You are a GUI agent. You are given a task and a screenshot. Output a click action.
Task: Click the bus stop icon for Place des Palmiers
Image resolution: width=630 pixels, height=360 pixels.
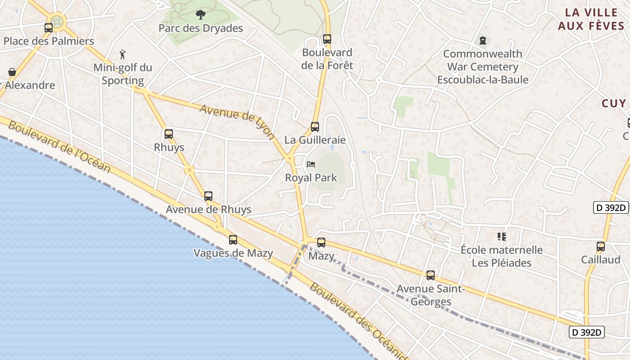click(49, 28)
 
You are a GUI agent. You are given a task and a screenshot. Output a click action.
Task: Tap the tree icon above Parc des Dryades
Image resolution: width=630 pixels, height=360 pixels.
click(200, 15)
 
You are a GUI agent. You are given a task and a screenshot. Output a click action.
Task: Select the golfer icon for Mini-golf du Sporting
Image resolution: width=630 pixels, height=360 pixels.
click(122, 55)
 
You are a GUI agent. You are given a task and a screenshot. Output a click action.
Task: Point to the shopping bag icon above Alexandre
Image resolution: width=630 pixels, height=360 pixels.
click(12, 72)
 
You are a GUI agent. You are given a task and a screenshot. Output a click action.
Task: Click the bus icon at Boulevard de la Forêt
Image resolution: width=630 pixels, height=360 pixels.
click(327, 39)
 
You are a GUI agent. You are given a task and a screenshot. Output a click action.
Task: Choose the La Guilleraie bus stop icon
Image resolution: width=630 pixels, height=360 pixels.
click(315, 127)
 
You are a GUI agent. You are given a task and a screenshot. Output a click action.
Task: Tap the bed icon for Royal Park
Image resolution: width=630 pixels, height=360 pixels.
click(311, 164)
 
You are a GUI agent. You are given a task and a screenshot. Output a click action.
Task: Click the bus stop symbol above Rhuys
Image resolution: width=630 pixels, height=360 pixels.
click(169, 134)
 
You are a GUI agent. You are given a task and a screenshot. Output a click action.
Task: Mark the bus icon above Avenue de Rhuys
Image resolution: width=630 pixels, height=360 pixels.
click(208, 196)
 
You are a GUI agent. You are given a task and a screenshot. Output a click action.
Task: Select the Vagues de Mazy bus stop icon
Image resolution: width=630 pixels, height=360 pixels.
click(233, 240)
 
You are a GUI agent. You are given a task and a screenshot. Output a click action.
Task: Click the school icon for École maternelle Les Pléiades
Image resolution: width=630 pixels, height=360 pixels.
click(502, 236)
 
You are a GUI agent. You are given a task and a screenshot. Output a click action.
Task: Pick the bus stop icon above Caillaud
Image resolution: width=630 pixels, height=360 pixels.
click(601, 247)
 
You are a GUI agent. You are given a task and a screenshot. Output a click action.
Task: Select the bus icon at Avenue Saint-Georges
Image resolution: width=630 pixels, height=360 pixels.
click(431, 275)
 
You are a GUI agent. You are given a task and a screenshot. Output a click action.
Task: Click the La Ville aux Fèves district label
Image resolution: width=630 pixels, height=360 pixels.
click(591, 19)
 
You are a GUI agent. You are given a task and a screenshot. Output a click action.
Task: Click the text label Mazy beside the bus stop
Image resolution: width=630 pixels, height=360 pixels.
click(321, 256)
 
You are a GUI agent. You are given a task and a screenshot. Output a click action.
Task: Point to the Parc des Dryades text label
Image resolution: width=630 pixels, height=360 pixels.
click(201, 28)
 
